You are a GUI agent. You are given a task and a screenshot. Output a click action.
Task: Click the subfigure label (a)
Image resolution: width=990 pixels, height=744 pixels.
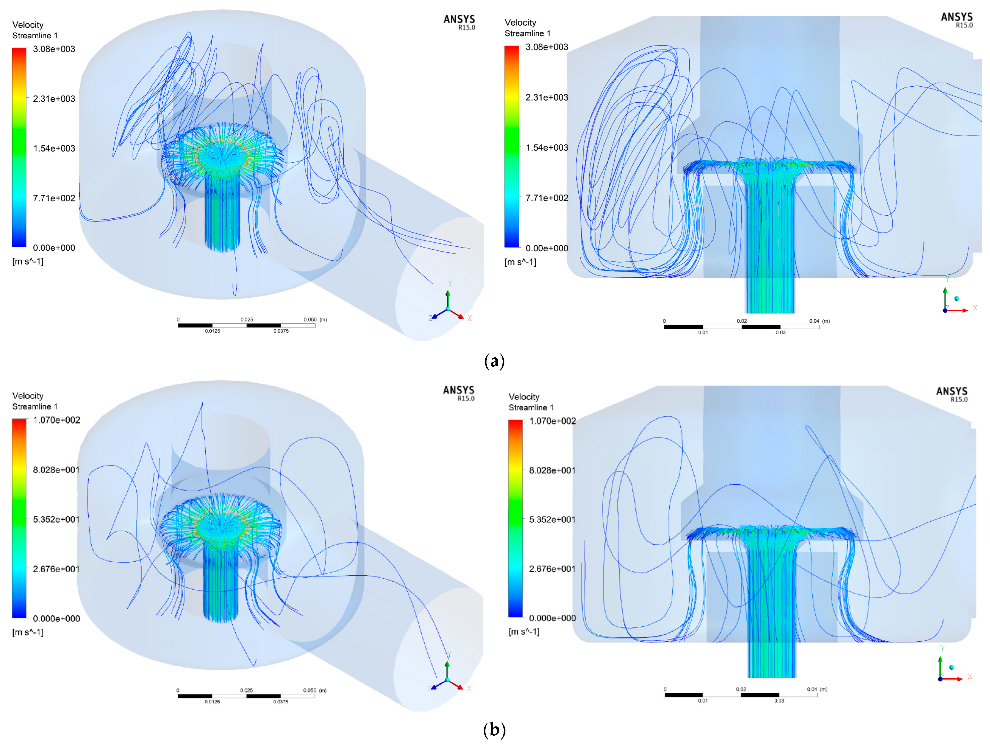point(495,361)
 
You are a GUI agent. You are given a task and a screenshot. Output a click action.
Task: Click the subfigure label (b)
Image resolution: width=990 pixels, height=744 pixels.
point(495,730)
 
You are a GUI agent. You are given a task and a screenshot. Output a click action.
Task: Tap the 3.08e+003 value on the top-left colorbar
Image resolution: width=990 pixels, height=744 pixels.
point(54,49)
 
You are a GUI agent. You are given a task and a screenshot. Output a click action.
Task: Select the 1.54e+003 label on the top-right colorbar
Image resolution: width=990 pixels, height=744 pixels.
point(546,148)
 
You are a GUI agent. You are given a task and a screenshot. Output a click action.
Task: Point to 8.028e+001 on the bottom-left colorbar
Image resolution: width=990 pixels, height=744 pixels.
point(56,470)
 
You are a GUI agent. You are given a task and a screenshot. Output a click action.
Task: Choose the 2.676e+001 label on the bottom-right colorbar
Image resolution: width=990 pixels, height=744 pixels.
point(552,569)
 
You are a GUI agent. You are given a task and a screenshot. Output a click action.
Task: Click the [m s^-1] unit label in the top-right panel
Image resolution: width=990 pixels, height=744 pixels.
point(520,262)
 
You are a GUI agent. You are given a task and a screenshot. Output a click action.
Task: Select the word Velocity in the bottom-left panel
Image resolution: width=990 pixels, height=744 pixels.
point(28,396)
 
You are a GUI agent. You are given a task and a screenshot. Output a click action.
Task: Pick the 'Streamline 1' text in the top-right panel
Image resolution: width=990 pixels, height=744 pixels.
point(527,34)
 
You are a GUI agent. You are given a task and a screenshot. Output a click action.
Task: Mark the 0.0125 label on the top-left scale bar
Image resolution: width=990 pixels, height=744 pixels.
point(213,331)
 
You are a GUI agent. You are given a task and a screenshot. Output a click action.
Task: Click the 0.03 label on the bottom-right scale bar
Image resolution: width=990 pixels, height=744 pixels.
point(779,701)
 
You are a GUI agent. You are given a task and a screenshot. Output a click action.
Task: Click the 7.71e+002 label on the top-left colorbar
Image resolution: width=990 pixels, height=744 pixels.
point(54,198)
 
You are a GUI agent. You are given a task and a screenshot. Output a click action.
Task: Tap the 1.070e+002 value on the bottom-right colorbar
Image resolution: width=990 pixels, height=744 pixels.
point(552,421)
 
